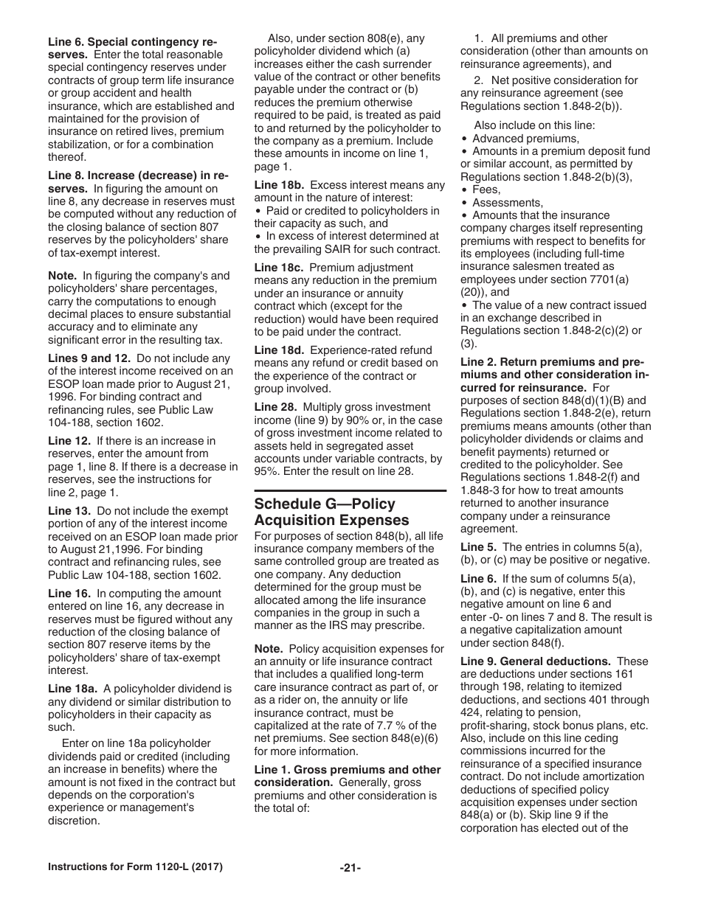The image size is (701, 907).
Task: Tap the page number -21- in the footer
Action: (x=350, y=868)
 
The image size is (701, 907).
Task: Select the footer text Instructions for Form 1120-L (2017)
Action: (x=135, y=867)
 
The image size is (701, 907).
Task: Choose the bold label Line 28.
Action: (x=275, y=407)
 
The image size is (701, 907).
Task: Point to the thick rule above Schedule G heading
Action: (x=350, y=490)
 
